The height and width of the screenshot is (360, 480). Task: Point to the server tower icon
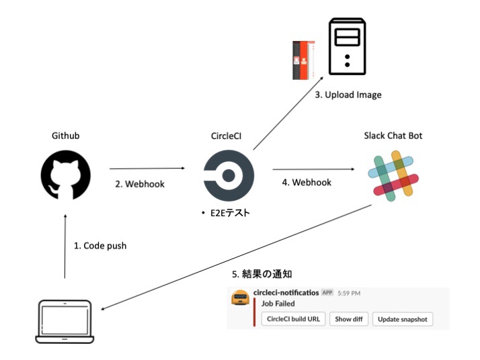[347, 48]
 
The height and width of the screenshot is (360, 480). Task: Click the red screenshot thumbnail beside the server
[305, 61]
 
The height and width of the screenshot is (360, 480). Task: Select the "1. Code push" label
[100, 246]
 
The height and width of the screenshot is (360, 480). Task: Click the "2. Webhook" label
[140, 183]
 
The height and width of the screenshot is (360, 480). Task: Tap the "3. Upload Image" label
[348, 95]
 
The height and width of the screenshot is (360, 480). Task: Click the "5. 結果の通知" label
[262, 274]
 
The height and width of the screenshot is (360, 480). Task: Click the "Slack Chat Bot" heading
[393, 136]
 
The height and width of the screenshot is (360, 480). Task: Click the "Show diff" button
[349, 319]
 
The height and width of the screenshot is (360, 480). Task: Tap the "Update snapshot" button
[403, 319]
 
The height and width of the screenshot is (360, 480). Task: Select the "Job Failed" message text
[278, 304]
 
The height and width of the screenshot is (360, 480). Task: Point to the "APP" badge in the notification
[327, 294]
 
